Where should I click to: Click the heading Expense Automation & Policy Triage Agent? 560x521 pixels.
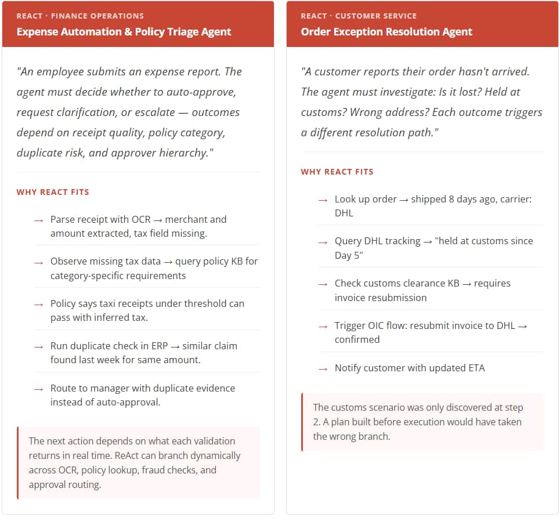coord(124,32)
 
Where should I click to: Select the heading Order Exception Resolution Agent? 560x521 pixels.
coord(386,32)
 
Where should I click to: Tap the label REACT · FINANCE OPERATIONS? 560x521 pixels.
coord(80,16)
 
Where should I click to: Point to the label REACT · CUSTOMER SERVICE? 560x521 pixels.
coord(359,16)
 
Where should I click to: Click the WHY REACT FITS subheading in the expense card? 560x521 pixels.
coord(53,192)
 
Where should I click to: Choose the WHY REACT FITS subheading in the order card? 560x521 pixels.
coord(337,172)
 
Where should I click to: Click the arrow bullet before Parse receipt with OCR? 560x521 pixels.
coord(38,220)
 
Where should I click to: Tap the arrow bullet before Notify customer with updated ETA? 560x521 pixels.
coord(323,369)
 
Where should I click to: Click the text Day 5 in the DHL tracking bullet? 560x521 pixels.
coord(348,255)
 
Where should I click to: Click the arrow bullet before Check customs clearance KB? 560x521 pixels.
coord(323,284)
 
